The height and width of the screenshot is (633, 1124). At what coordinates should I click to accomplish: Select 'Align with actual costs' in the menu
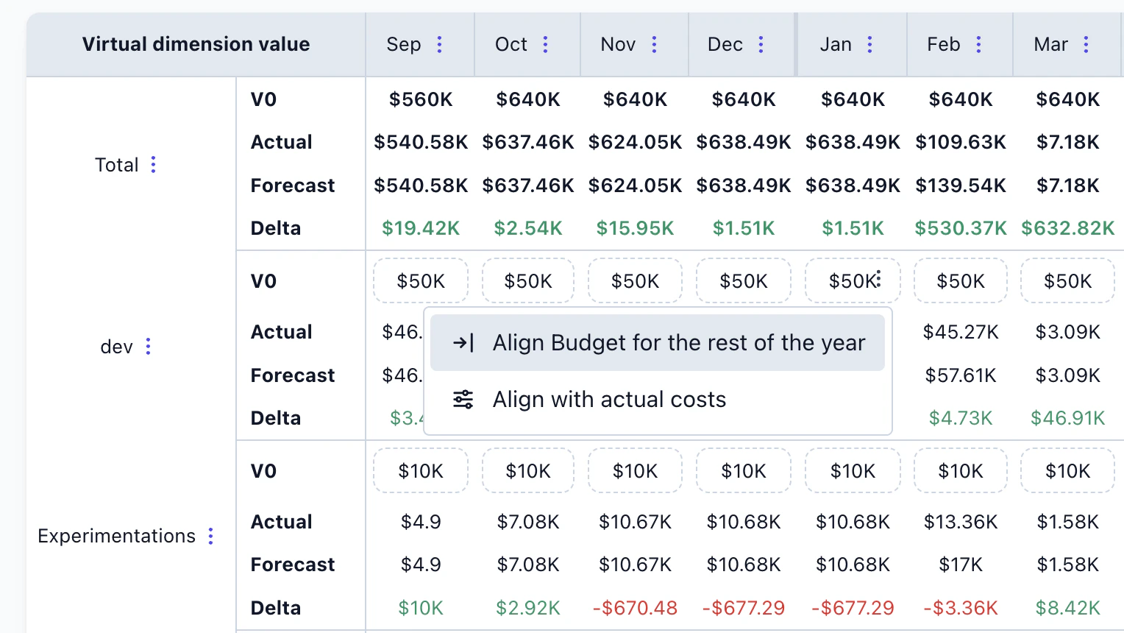point(609,400)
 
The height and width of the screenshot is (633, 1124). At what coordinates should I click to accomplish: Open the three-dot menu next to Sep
point(439,45)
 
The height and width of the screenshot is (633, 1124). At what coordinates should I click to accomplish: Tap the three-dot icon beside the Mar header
point(1086,45)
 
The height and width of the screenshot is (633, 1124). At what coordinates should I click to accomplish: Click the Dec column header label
point(725,45)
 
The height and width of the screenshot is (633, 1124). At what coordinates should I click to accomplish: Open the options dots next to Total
point(153,165)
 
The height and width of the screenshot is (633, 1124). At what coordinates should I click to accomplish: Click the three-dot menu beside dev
point(148,347)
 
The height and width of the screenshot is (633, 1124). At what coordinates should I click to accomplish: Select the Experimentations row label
point(116,536)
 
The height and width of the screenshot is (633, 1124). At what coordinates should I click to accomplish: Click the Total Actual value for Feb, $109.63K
point(960,142)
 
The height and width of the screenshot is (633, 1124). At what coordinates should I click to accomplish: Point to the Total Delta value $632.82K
point(1067,228)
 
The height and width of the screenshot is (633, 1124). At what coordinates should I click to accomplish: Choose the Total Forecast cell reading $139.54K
point(960,185)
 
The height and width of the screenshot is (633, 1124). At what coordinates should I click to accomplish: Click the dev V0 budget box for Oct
point(527,281)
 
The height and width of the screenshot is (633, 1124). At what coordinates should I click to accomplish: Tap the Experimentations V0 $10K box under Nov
point(635,471)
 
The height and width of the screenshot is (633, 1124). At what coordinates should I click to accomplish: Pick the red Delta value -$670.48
point(635,608)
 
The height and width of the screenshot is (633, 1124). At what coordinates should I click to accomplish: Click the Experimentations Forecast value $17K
point(960,565)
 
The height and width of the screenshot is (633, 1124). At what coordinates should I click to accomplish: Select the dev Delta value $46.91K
point(1067,418)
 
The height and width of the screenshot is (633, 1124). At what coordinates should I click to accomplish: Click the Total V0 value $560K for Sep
point(420,99)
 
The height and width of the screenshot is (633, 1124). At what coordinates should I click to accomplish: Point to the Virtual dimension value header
point(196,45)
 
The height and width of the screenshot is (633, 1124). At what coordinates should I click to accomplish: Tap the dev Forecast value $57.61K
point(960,375)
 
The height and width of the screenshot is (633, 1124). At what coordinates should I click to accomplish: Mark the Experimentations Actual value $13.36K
point(960,522)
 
